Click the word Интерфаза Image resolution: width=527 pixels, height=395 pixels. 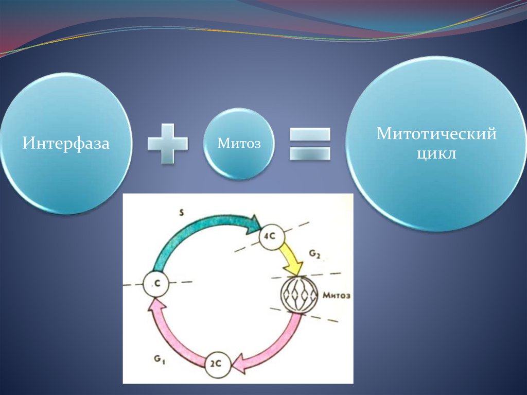click(65, 143)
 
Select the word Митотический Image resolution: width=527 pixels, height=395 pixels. click(436, 134)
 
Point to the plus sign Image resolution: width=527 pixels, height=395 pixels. click(167, 143)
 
